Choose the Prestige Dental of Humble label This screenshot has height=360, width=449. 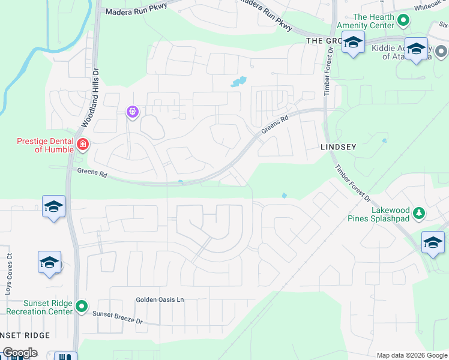(44, 146)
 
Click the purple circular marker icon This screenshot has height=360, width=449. (133, 112)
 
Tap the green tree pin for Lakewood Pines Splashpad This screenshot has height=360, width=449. (420, 213)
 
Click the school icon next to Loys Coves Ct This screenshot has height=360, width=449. (49, 263)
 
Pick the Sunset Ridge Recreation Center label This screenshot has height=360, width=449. (39, 307)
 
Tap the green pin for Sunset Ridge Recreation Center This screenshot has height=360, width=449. (82, 307)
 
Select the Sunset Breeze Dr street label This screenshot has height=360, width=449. (117, 317)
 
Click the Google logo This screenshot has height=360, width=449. (20, 353)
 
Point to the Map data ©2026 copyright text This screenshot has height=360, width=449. (411, 355)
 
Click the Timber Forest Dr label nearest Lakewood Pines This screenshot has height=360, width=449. (354, 184)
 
